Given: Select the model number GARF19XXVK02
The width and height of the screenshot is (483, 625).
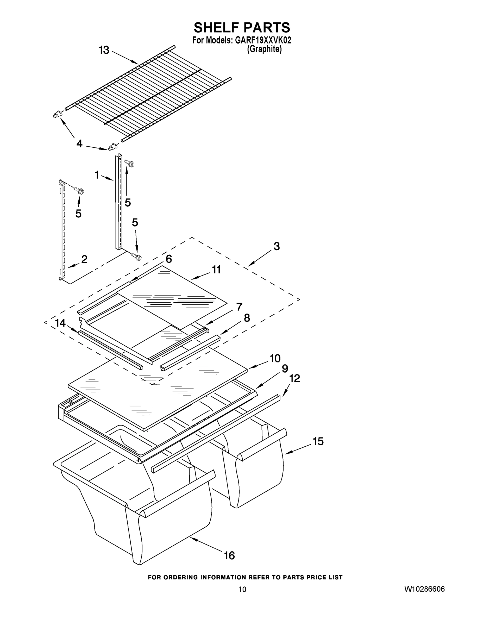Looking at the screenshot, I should point(263,40).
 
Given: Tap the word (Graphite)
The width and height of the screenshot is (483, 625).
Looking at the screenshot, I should point(264,49).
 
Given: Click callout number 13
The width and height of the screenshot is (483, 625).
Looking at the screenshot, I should point(104,50).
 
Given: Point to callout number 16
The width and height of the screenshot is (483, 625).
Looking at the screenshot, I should point(229,555).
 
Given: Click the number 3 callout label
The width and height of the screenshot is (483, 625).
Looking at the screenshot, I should point(277,246).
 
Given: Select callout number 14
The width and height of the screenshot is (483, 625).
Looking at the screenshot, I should point(60,323).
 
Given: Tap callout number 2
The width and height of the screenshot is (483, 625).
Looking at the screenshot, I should point(84,259).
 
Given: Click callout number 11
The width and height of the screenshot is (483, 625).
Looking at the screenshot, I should point(216,270).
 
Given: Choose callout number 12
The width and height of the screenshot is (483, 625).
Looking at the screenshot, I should point(294,379).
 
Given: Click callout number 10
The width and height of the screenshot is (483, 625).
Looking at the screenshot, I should point(275,358).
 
